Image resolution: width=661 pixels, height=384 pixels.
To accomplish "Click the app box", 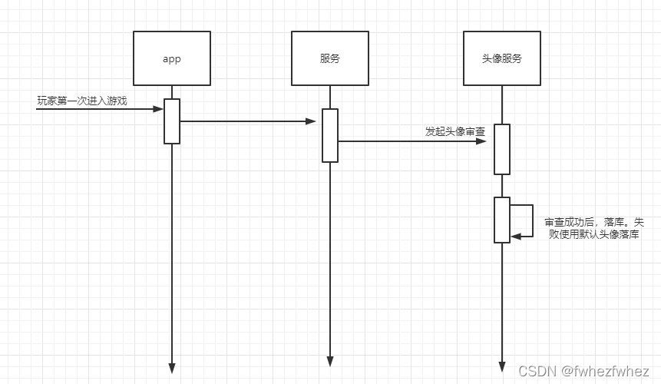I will pyautogui.click(x=172, y=58).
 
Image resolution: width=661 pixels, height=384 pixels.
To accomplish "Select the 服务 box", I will pyautogui.click(x=330, y=58).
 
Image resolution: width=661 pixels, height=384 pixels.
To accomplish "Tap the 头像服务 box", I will pyautogui.click(x=502, y=58).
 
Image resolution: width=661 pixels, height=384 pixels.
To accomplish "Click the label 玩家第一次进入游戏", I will pyautogui.click(x=82, y=101).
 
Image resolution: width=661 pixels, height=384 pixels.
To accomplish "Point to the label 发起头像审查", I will pyautogui.click(x=455, y=131).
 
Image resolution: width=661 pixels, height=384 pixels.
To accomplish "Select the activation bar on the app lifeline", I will pyautogui.click(x=172, y=121).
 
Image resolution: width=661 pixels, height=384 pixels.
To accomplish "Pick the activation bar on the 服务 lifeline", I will pyautogui.click(x=330, y=135).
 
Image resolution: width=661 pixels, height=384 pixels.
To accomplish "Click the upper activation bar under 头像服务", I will pyautogui.click(x=502, y=149).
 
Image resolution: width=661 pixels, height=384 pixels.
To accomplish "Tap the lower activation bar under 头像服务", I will pyautogui.click(x=502, y=220).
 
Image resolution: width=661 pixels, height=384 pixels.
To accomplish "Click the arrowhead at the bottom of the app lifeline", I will pyautogui.click(x=172, y=368).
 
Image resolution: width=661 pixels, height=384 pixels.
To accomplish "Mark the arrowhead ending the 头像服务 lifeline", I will pyautogui.click(x=502, y=366).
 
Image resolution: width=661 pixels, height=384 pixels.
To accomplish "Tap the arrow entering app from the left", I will pyautogui.click(x=100, y=109).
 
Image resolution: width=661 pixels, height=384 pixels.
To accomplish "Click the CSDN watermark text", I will pyautogui.click(x=537, y=371).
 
